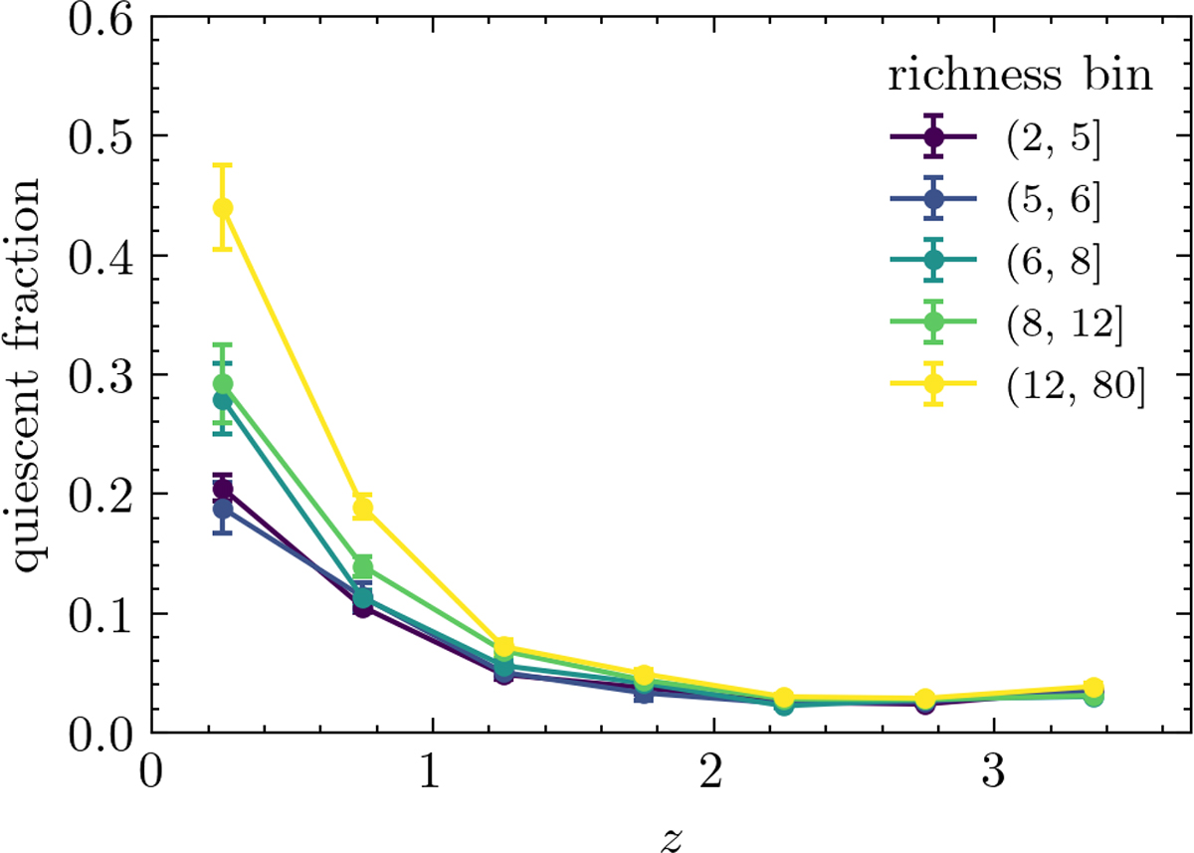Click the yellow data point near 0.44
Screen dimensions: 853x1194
click(223, 207)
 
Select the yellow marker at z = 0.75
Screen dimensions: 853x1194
click(363, 509)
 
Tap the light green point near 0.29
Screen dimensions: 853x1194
click(223, 384)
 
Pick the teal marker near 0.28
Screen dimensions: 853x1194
click(223, 400)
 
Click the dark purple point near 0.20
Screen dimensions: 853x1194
click(223, 489)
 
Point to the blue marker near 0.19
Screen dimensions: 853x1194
click(223, 509)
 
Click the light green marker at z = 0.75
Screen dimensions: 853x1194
click(363, 567)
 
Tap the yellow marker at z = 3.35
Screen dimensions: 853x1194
click(1093, 688)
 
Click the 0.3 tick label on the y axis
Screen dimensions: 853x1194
click(99, 375)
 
